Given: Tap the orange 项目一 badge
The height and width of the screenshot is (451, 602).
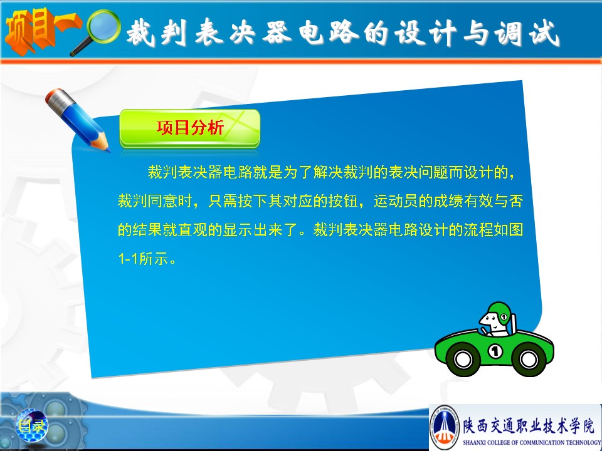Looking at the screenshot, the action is point(41,30).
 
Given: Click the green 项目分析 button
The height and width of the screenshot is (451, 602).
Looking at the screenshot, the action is point(189,128).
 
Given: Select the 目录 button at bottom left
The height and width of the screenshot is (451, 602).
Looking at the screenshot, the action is point(32,425).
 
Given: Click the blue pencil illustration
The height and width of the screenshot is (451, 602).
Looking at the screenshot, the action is point(77,119).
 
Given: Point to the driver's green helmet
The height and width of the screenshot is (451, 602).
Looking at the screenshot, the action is point(500,312).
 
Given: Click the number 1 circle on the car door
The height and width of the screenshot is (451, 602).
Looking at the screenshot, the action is point(495,351).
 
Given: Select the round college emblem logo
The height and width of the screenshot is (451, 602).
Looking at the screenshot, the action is point(445,427).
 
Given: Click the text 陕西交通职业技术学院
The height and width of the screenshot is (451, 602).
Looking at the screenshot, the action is point(528,426).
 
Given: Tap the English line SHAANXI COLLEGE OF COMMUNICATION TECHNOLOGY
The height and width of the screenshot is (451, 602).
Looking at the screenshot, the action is point(532,443).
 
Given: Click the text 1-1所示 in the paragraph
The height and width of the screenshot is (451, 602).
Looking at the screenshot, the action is point(147,259).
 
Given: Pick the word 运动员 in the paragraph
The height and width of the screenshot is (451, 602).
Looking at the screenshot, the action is point(396,201).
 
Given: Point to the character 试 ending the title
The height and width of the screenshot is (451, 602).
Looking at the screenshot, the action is point(544,33).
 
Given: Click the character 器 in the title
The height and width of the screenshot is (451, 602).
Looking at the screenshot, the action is point(277,32).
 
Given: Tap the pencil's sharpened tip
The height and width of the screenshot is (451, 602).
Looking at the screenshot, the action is point(107,150).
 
